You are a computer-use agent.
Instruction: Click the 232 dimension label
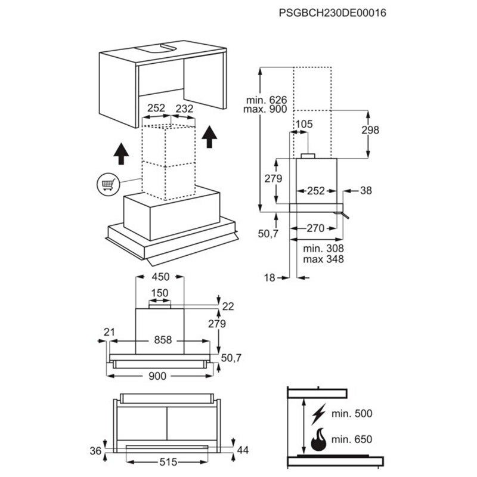[x=185, y=109]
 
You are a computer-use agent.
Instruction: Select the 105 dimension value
[x=303, y=123]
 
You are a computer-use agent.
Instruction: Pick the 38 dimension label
[x=366, y=191]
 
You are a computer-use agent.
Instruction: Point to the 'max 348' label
[x=323, y=259]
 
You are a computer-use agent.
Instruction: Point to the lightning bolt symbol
[x=320, y=413]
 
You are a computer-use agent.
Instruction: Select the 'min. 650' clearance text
[x=352, y=439]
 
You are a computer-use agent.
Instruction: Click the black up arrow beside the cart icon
[x=121, y=154]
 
